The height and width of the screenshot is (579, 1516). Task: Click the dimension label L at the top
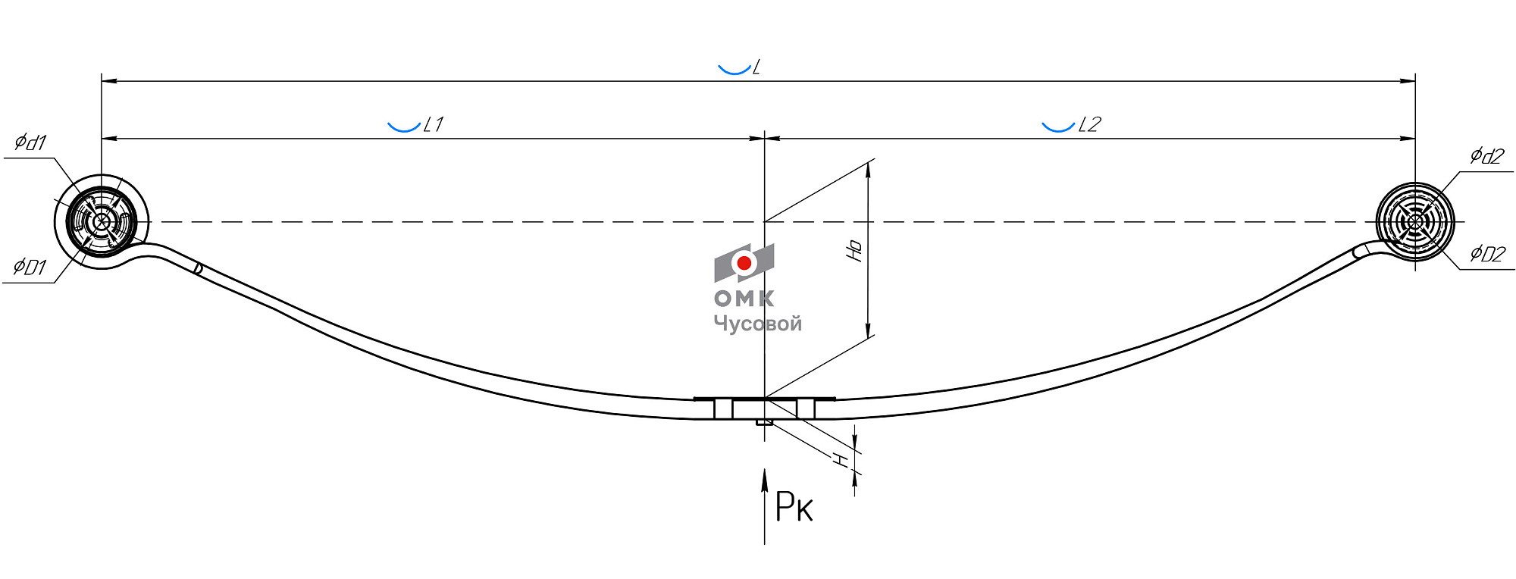tap(756, 67)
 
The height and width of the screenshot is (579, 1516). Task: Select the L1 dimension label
tap(434, 124)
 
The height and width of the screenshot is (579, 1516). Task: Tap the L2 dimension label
tap(1089, 124)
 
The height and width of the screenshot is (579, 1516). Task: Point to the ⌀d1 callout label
tap(31, 142)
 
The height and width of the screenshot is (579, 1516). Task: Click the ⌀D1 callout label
tap(30, 267)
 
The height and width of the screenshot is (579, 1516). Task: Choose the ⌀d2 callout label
tap(1486, 156)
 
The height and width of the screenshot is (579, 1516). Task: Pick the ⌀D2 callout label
tap(1487, 253)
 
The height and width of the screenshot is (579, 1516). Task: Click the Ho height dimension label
tap(854, 250)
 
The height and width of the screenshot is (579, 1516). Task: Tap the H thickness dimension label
tap(840, 459)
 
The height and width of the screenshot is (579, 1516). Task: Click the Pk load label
tap(794, 507)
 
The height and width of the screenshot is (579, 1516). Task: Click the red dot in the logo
tap(744, 263)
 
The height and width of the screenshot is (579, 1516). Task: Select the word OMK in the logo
tap(744, 299)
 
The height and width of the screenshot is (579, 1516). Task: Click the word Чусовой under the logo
tap(757, 324)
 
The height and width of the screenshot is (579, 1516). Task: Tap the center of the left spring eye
tap(102, 222)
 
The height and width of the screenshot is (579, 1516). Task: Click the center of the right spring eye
tap(1415, 222)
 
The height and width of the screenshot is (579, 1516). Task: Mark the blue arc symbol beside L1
tap(404, 127)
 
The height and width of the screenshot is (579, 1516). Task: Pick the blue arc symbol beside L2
tap(1058, 127)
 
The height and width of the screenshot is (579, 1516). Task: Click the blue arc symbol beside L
tap(734, 70)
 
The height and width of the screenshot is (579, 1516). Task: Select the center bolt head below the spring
tap(765, 422)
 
